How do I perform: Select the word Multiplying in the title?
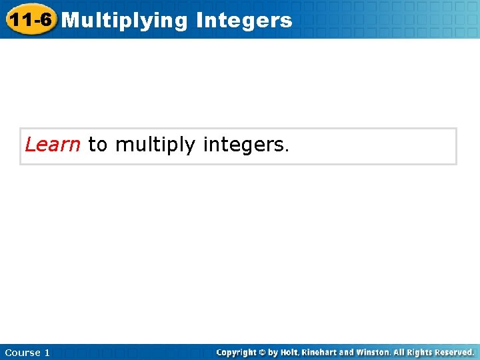coord(125,21)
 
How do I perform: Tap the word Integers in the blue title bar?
coord(244,21)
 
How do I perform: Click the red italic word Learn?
coord(53,145)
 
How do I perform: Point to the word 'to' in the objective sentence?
coord(97,145)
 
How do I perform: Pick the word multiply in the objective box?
coord(156,145)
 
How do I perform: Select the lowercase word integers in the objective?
coord(243,145)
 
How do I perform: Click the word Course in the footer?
coord(21,353)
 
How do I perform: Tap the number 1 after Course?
coord(47,353)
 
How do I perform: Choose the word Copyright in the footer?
coord(236,352)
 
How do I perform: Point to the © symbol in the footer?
coord(262,352)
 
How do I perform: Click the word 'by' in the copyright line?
coord(273,352)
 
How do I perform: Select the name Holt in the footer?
coord(289,352)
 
